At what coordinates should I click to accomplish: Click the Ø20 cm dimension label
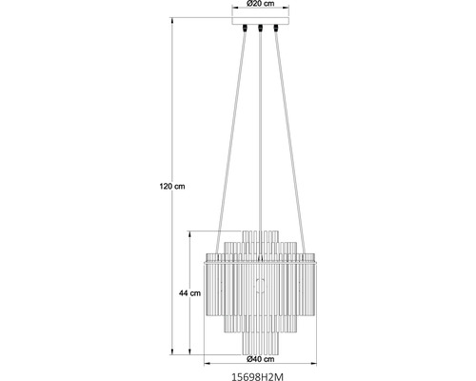click(260, 4)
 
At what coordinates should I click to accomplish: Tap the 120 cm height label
click(172, 187)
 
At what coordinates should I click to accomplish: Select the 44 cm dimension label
click(189, 293)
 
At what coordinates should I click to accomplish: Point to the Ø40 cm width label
click(260, 359)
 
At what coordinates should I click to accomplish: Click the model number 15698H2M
click(257, 376)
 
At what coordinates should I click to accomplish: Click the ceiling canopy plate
click(261, 21)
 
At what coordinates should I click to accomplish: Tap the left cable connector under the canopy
click(245, 29)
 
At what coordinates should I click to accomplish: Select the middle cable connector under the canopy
click(260, 29)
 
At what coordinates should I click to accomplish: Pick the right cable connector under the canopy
click(276, 29)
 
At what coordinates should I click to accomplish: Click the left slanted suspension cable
click(231, 143)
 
